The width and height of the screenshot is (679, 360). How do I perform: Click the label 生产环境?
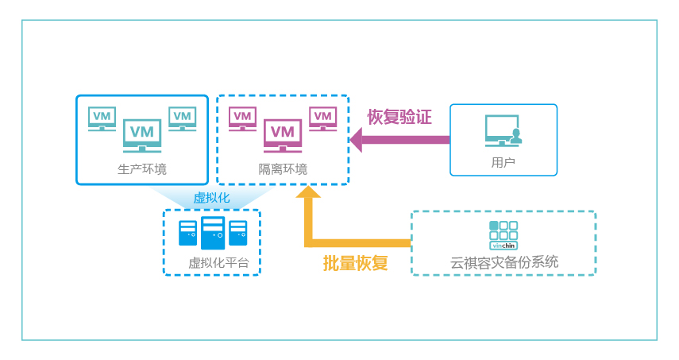point(142,168)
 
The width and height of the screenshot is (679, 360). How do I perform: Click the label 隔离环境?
point(283,168)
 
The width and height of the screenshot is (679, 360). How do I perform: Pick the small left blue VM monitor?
point(102,118)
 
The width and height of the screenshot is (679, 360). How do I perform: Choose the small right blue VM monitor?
point(182,118)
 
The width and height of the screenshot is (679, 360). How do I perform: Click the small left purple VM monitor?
point(242,118)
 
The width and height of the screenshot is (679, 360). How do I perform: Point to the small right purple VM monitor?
point(322,118)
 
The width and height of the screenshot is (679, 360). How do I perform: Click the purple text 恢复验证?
point(399,117)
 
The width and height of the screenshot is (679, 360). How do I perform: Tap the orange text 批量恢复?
point(355,263)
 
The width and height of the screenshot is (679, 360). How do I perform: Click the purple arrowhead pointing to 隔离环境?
point(357,140)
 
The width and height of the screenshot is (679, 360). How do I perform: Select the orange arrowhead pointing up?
point(308,192)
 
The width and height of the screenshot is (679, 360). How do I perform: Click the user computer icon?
point(503,131)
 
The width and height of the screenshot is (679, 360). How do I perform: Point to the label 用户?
point(503,162)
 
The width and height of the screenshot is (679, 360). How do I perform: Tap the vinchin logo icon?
point(503,235)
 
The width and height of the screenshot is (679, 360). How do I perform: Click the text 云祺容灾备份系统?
point(503,262)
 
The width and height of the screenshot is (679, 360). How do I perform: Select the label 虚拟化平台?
point(212,262)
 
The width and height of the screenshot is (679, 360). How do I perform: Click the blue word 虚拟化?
point(211,197)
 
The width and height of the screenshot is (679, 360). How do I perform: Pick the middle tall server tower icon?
point(213,233)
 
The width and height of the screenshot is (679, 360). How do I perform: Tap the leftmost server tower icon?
point(187,233)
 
